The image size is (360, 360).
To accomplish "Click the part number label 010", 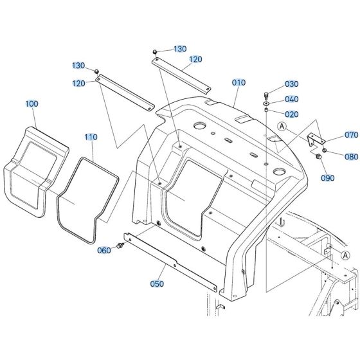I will coord(239,83).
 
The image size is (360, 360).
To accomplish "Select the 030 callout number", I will coord(292,84).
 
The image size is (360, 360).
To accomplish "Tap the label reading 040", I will coord(292,99).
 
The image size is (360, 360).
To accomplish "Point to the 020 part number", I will coord(292,114).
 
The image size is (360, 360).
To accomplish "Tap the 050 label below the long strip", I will coord(157,283).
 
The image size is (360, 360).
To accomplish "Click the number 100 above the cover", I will coord(32,103).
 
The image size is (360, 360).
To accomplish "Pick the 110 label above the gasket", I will coord(91,137).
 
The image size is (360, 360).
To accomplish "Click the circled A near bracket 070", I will coord(281,126).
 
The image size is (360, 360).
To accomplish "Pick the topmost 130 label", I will coord(179,50).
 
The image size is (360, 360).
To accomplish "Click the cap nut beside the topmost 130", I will coord(156,51).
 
